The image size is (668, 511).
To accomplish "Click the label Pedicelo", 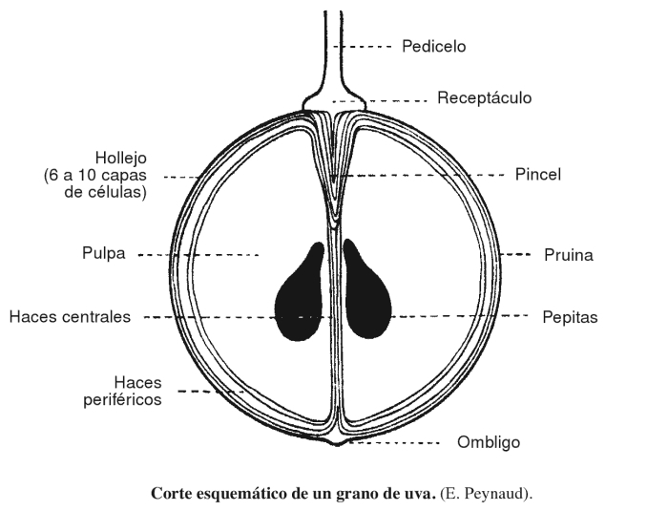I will point(433,46).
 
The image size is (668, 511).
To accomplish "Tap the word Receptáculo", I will point(484,98).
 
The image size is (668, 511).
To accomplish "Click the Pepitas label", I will point(570,317).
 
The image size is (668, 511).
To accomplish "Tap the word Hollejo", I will point(120,158).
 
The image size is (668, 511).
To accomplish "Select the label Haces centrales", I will point(69,317).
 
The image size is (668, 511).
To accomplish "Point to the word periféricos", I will point(121,399).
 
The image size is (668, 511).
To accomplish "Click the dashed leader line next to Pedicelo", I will point(368,46).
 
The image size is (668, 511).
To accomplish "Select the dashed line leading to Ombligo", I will point(396,444).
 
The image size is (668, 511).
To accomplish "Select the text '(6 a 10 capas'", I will point(95,175).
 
